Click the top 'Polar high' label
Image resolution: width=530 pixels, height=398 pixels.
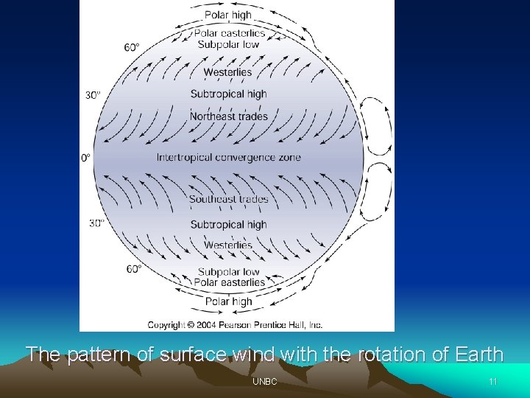click(x=228, y=15)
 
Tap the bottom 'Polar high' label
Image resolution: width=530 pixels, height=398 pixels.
click(x=228, y=301)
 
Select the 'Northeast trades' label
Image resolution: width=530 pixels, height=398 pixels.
click(x=229, y=116)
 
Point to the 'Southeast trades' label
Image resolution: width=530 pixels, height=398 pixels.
click(x=229, y=199)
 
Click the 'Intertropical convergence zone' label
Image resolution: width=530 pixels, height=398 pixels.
click(x=228, y=157)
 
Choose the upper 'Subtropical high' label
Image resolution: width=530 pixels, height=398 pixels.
click(x=228, y=94)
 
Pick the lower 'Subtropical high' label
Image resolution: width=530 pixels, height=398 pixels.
click(x=228, y=224)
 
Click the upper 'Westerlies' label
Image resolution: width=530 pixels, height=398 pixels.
click(x=228, y=72)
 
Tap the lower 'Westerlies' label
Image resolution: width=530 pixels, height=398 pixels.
click(x=228, y=245)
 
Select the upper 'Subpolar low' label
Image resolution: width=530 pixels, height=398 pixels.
click(x=228, y=44)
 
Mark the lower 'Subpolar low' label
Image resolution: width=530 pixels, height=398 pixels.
click(x=228, y=272)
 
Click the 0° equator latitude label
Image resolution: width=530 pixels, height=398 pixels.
click(x=85, y=158)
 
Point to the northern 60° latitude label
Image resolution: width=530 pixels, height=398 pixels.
click(x=132, y=47)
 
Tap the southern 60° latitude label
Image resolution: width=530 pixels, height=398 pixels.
click(x=133, y=269)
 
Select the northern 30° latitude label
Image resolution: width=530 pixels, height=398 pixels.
click(x=93, y=94)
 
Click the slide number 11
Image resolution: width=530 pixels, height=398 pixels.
click(x=492, y=382)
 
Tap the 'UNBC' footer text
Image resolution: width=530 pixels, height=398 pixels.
click(x=264, y=382)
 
